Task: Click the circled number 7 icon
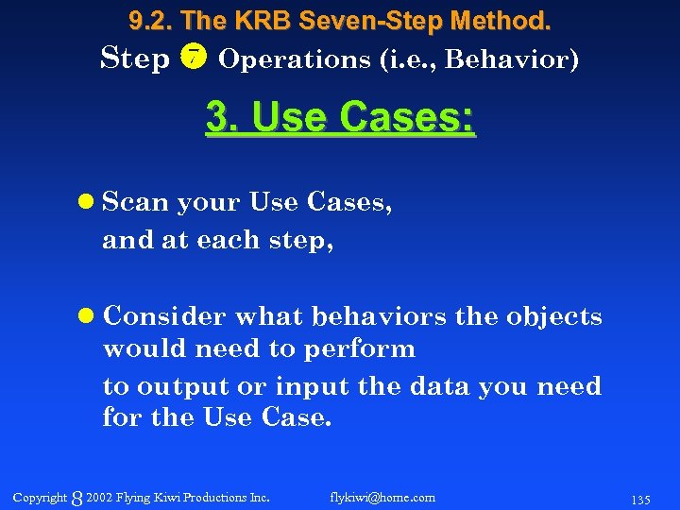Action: [193, 59]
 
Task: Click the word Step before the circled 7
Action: [135, 59]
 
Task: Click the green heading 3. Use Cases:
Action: [341, 119]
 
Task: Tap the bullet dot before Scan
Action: [87, 202]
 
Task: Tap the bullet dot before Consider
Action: [87, 315]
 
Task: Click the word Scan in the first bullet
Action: [136, 202]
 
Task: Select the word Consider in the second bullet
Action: [164, 315]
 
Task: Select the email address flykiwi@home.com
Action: [382, 497]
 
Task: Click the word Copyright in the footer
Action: [40, 497]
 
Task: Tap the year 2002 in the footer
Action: [98, 497]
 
